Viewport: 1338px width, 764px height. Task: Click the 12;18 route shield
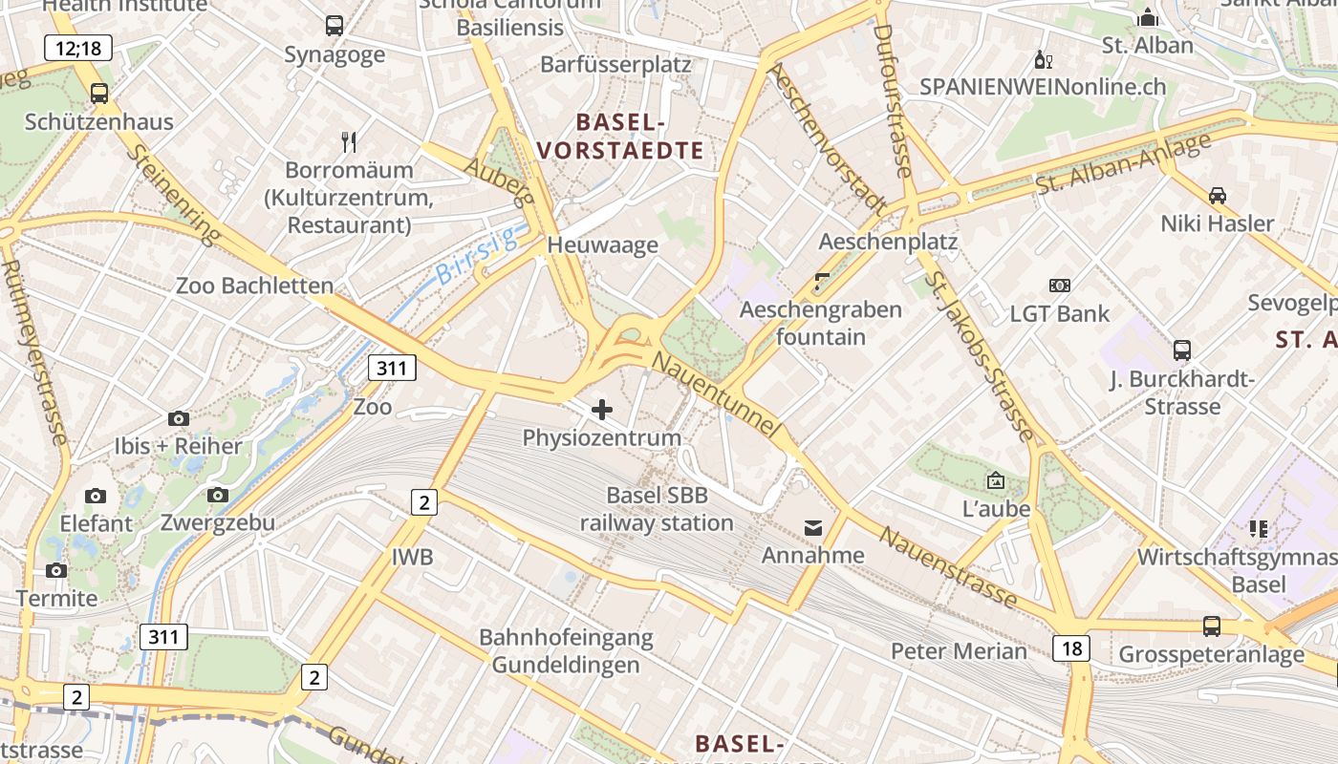[78, 47]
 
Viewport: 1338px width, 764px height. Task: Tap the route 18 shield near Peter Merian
[1071, 648]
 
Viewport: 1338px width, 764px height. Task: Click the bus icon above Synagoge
[334, 26]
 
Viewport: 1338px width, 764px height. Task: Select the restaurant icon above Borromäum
[349, 142]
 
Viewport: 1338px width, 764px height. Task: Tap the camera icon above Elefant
[96, 496]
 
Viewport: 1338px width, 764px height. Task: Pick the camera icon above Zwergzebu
[218, 495]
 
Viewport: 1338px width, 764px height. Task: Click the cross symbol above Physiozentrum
[602, 410]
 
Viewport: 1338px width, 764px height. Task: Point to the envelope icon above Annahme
[813, 527]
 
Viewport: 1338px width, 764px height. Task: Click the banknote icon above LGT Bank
[1060, 285]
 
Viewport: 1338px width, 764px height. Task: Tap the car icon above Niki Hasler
[1218, 195]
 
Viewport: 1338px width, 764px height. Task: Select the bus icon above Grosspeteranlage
[1212, 626]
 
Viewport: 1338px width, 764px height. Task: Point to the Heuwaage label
[602, 244]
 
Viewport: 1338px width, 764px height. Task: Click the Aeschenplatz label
[888, 241]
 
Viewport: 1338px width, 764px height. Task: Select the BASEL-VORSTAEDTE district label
[620, 136]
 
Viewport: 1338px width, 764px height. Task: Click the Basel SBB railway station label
[657, 509]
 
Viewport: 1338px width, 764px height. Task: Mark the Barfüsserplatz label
[615, 64]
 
